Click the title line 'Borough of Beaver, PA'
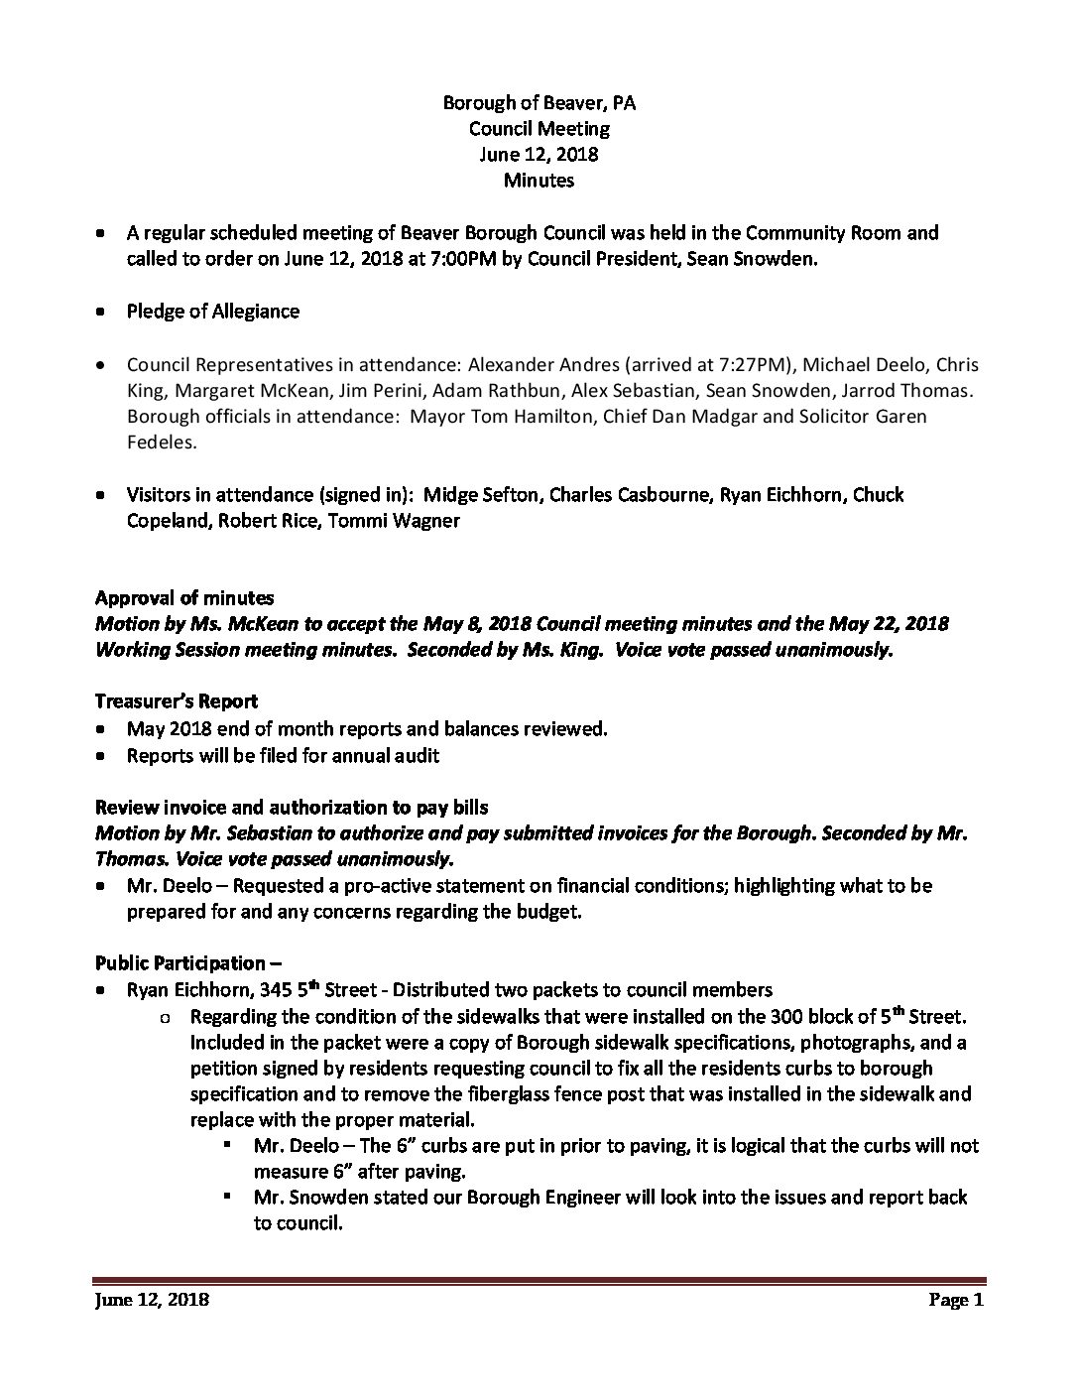pos(539,102)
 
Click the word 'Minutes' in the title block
pos(539,181)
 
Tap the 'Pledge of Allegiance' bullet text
pos(212,312)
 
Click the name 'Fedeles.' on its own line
pos(162,443)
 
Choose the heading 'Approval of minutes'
pos(184,598)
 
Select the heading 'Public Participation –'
pos(180,963)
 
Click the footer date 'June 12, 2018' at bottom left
pos(152,1301)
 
